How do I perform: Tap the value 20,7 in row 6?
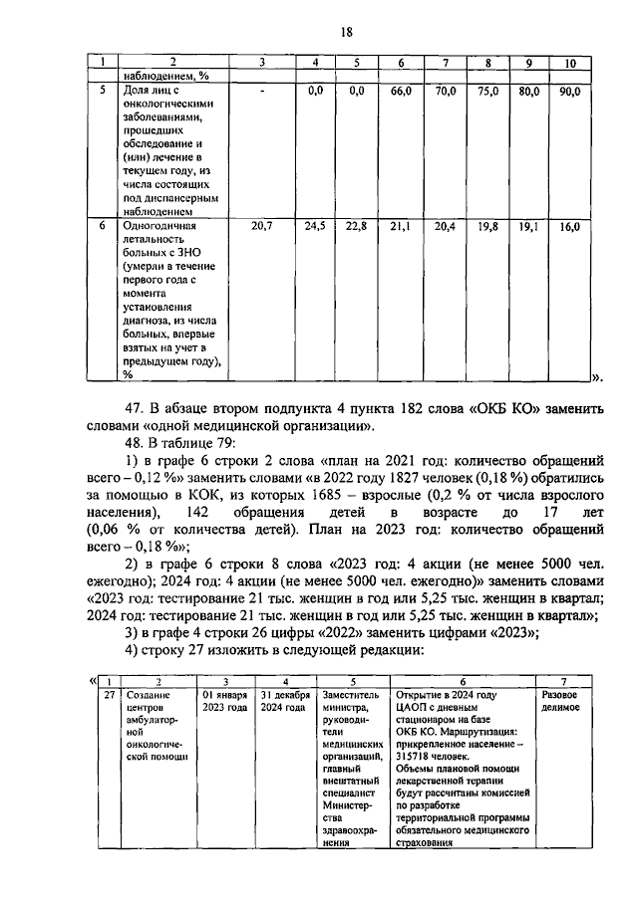point(261,227)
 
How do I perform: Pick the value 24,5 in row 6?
point(315,227)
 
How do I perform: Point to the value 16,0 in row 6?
point(569,227)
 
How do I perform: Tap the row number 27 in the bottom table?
point(110,694)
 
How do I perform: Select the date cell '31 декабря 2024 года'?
point(284,701)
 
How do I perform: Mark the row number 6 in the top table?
point(102,227)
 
